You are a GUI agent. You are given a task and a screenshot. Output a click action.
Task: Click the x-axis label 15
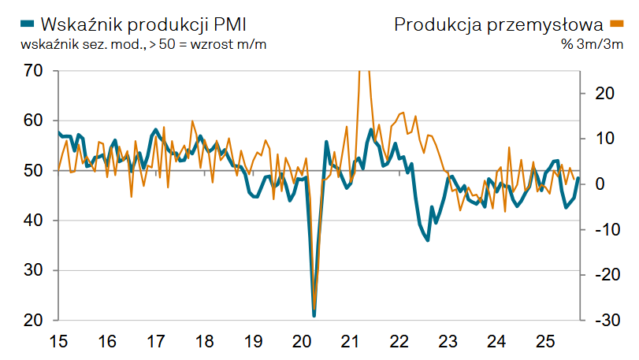click(58, 342)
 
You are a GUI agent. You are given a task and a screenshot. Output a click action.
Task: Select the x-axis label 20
click(302, 342)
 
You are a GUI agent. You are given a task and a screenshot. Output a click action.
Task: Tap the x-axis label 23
click(448, 342)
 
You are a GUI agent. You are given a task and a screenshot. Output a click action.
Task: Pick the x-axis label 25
click(545, 342)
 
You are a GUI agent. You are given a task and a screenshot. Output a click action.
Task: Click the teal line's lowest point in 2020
click(314, 315)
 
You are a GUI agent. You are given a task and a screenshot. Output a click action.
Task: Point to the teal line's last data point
click(578, 178)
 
